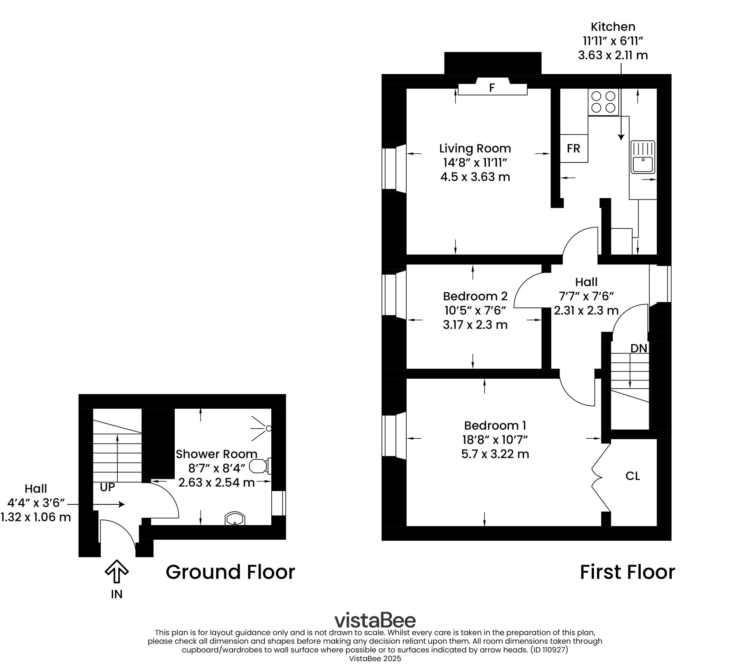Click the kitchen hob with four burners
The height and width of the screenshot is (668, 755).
click(603, 102)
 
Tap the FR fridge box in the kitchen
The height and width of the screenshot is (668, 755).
click(573, 149)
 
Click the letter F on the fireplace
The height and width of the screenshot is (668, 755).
click(492, 88)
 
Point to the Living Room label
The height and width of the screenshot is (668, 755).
click(475, 149)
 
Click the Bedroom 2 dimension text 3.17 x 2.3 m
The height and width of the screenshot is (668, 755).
click(475, 325)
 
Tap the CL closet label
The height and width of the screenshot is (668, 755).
click(632, 476)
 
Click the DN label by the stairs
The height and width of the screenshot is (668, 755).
click(639, 348)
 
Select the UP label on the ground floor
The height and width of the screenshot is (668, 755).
click(107, 487)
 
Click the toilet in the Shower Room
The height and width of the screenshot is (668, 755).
click(260, 466)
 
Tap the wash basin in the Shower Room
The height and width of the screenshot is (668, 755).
click(235, 519)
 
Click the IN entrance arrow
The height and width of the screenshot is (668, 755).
click(117, 571)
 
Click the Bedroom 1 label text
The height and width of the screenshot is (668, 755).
click(495, 426)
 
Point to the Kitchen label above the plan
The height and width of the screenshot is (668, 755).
click(613, 27)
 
